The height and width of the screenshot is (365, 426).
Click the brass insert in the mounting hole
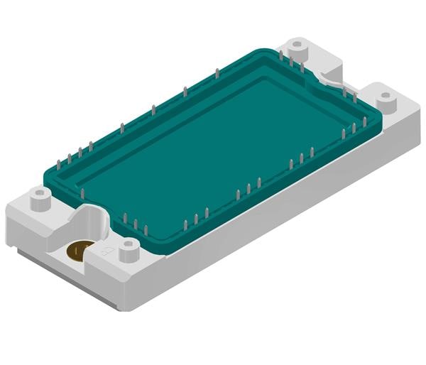coord(78,251)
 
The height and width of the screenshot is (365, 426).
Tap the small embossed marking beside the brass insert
coord(106,251)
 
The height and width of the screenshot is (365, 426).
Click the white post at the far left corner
coord(40,200)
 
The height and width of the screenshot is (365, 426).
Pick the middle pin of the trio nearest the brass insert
coord(136,223)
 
